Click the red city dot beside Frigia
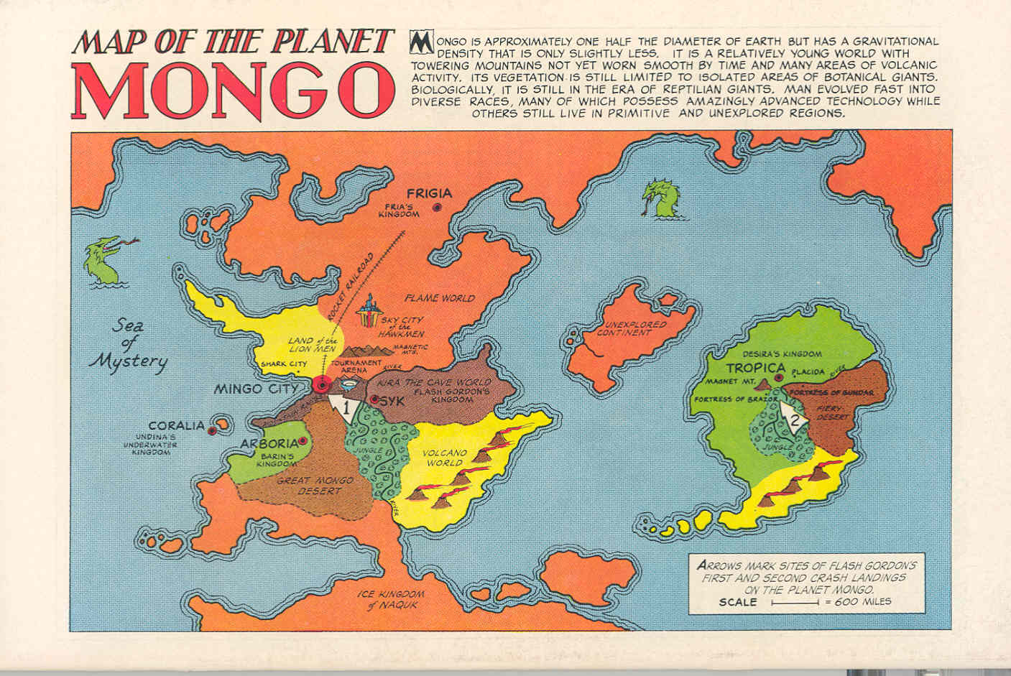(437, 207)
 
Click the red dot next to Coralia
(213, 431)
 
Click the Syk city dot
(374, 399)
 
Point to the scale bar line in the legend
(795, 603)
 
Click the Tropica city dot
(778, 377)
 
